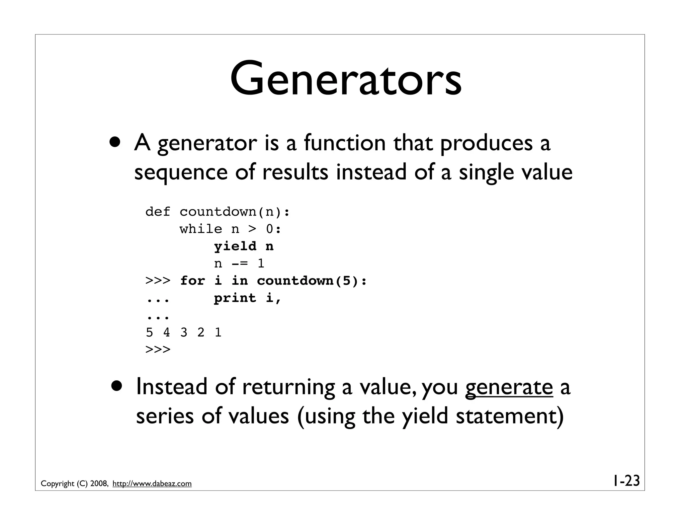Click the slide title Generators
[x=346, y=79]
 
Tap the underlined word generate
[x=509, y=387]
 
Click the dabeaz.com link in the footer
[x=152, y=484]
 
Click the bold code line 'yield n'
[x=244, y=246]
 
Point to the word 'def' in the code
[x=158, y=212]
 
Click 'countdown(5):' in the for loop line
[x=312, y=281]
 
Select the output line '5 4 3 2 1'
[x=183, y=332]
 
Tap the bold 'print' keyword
[x=235, y=298]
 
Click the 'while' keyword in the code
[x=201, y=229]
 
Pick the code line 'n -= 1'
[x=239, y=263]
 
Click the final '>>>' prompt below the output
[x=158, y=349]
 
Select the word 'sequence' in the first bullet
[x=181, y=173]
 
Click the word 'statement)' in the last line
[x=510, y=416]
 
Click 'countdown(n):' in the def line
[x=235, y=212]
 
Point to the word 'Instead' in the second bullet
[x=171, y=386]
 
